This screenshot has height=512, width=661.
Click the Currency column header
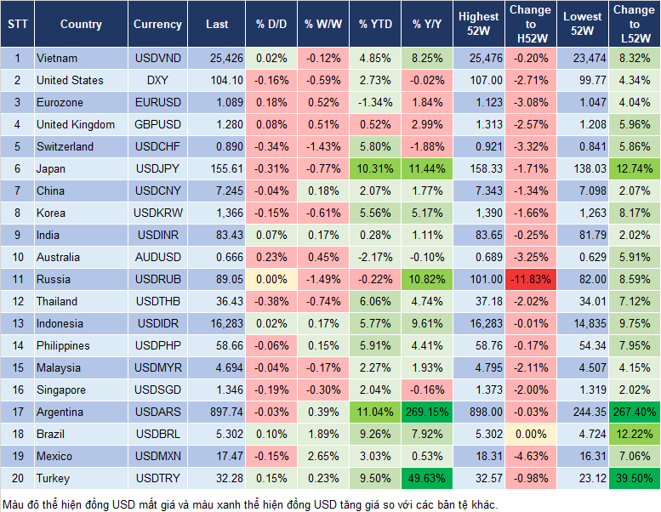pos(157,25)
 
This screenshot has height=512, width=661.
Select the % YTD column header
pos(375,25)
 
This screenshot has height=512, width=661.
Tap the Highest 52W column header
pos(478,25)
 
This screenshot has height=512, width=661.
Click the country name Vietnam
pos(57,58)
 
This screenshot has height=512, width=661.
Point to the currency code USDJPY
pos(157,168)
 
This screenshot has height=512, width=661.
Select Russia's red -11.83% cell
pos(531,279)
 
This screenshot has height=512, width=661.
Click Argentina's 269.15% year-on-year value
pos(428,412)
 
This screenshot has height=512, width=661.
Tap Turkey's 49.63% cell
pos(428,478)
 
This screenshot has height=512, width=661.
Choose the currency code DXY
pos(157,80)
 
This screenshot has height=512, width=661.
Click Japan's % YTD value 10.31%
pos(375,168)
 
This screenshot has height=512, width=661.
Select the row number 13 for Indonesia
pos(16,323)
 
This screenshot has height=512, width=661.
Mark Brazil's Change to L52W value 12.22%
pos(633,434)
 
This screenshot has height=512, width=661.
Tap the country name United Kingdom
pos(76,124)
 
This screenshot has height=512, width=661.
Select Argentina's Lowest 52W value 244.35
pos(582,412)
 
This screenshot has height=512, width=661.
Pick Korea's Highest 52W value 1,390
pos(478,213)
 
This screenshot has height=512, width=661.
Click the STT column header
pos(16,25)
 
